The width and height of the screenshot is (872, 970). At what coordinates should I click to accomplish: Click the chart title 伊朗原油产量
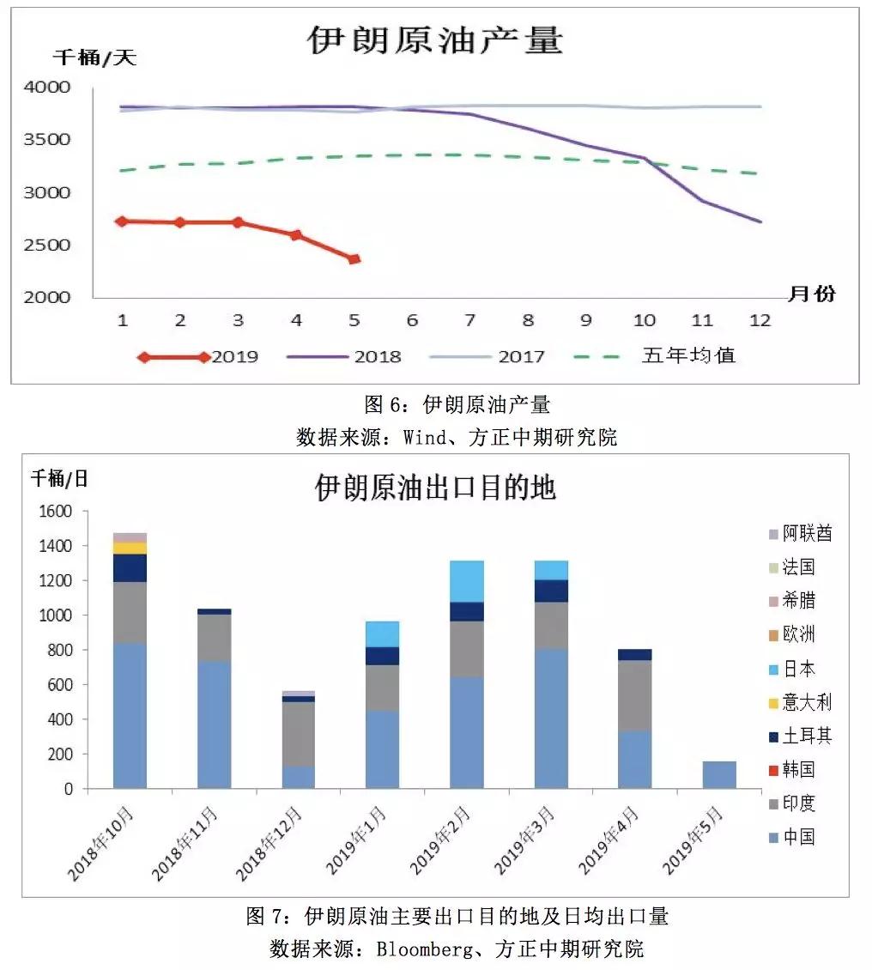[435, 40]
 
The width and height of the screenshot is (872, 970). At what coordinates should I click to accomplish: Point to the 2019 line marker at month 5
[354, 258]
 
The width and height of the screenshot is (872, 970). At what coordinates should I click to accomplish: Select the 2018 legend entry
[377, 356]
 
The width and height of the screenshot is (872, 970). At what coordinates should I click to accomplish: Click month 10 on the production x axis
[644, 320]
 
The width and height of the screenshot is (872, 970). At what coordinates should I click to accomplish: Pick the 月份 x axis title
[811, 294]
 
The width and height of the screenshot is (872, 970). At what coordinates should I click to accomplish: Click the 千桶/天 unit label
[95, 58]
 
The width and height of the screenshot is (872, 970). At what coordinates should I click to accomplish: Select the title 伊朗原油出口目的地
[435, 488]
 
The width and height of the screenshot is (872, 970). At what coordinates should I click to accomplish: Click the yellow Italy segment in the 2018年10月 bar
[130, 548]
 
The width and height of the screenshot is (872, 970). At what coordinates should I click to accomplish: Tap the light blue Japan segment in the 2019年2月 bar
[466, 581]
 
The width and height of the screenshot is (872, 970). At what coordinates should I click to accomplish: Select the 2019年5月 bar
[718, 774]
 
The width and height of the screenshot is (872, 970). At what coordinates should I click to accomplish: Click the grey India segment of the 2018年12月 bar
[298, 733]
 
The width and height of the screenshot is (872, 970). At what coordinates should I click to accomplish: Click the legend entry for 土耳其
[808, 736]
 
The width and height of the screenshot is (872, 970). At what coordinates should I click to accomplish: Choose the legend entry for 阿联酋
[808, 533]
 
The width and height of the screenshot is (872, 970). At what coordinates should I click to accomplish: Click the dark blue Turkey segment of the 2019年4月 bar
[634, 654]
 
